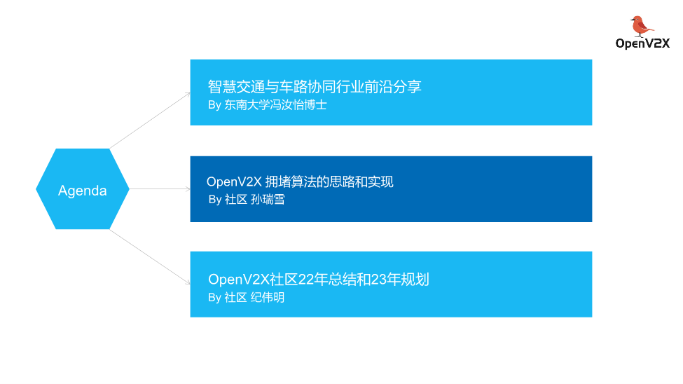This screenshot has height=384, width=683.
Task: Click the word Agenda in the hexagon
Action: tap(83, 191)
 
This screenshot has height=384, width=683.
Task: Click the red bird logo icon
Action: tap(640, 26)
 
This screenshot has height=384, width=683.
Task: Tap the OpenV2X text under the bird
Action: tap(642, 43)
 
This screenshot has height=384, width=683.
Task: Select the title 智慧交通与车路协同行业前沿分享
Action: tap(315, 87)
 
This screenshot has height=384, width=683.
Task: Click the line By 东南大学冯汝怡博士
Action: tap(267, 105)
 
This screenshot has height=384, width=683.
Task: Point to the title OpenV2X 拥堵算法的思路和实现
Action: tap(300, 182)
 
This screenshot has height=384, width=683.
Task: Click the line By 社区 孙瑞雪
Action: tap(247, 200)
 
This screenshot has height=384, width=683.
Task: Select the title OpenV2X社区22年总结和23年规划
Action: tap(319, 280)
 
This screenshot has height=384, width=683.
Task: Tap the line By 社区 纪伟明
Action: tap(247, 297)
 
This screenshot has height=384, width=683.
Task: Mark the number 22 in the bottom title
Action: tap(306, 280)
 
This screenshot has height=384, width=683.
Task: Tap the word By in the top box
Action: tap(214, 105)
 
